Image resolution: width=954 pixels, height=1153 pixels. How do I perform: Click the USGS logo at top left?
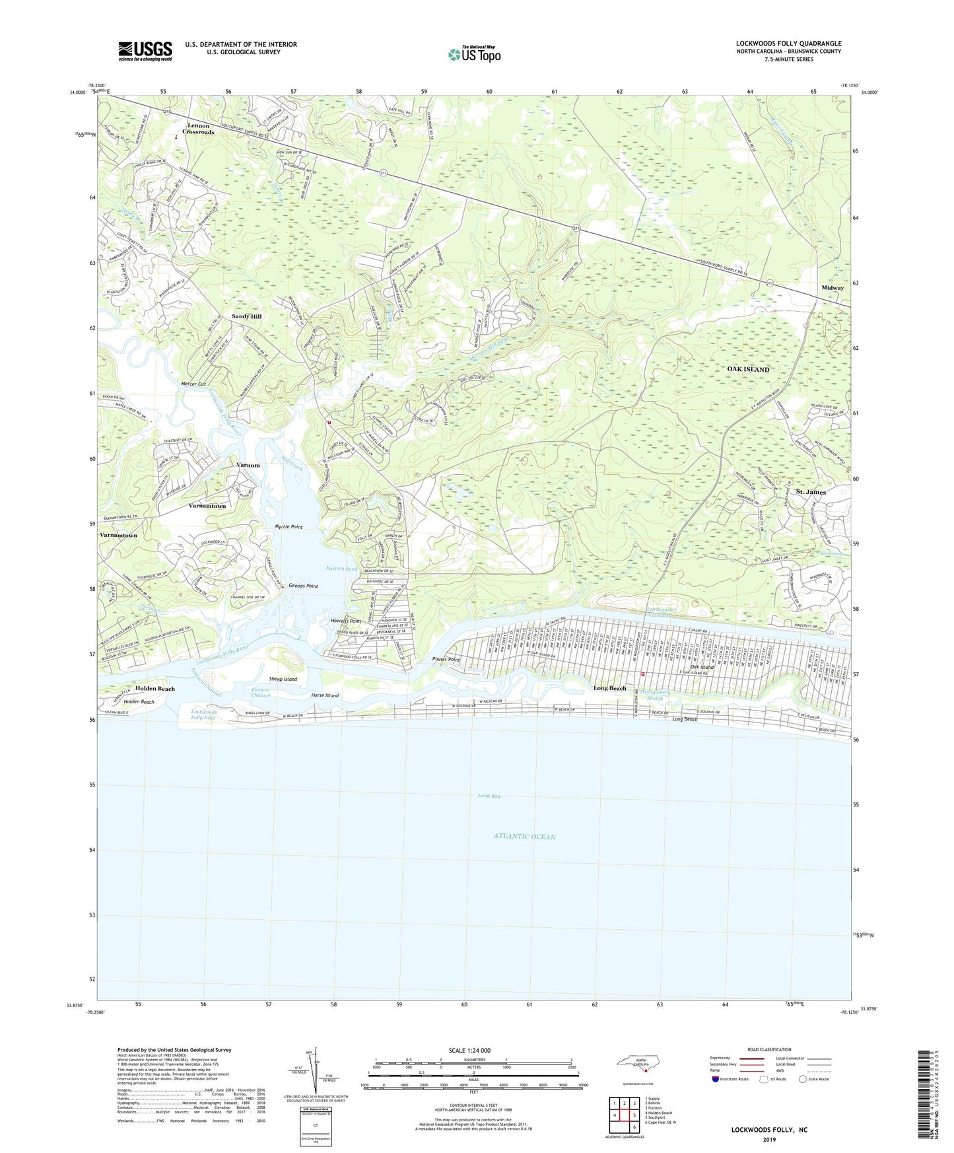click(x=145, y=51)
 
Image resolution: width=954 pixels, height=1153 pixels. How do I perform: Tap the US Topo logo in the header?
click(x=474, y=54)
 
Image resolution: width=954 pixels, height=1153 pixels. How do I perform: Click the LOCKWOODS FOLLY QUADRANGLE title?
click(x=788, y=44)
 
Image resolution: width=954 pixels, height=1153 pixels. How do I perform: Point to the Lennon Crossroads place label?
click(x=198, y=129)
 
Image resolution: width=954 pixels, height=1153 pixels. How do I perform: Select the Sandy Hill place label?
click(x=246, y=317)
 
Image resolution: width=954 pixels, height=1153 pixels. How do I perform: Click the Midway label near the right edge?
click(x=833, y=288)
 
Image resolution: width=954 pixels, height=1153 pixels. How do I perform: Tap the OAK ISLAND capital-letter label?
click(x=748, y=369)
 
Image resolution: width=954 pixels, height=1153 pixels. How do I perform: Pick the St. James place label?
click(x=810, y=492)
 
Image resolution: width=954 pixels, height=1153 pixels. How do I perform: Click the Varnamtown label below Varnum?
click(x=207, y=506)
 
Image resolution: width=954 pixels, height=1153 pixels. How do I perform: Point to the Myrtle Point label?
click(x=289, y=527)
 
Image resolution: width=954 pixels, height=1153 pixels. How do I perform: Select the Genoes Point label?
click(x=303, y=586)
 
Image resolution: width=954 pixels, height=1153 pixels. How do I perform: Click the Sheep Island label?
click(x=283, y=679)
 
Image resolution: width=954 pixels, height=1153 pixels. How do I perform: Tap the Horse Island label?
click(x=325, y=695)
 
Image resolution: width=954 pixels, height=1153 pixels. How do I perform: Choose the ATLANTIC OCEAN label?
click(x=524, y=837)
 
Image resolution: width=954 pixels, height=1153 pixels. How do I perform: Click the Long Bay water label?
click(x=490, y=796)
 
